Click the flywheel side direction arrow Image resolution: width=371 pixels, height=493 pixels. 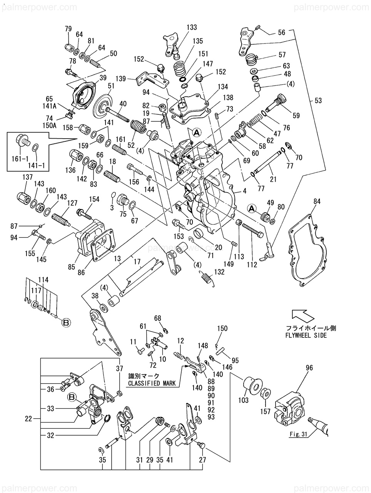[x=302, y=315]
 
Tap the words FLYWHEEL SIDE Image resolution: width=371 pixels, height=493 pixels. [x=306, y=335]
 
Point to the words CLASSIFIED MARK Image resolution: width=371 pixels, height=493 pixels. [x=152, y=383]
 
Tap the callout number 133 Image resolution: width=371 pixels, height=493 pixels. [x=192, y=27]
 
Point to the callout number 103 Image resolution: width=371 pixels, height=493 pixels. [x=243, y=401]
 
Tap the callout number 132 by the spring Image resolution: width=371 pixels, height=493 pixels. [x=219, y=272]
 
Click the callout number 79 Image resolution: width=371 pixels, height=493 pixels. [x=68, y=29]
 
